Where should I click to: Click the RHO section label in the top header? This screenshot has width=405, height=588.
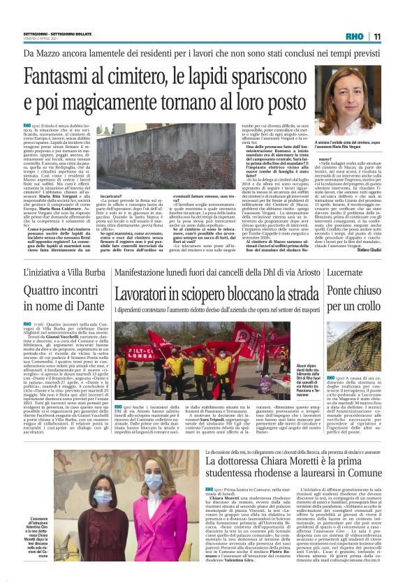click(354, 36)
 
